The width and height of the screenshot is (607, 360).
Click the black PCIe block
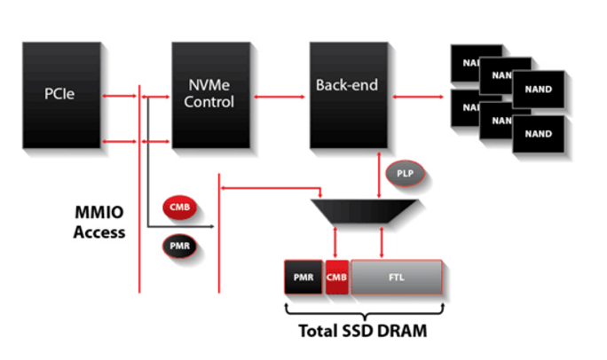coord(61,92)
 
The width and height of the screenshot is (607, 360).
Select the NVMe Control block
coord(211,92)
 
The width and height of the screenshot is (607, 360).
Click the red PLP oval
coord(404,172)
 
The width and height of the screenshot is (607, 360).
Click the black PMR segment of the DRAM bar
coord(303,278)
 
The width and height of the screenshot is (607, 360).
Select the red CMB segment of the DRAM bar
coord(337,278)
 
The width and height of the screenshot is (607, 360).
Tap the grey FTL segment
coord(397,278)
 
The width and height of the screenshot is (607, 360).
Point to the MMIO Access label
coord(99,223)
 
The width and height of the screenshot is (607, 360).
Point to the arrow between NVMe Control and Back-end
coord(280,92)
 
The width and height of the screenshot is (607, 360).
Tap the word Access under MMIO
coord(99,233)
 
